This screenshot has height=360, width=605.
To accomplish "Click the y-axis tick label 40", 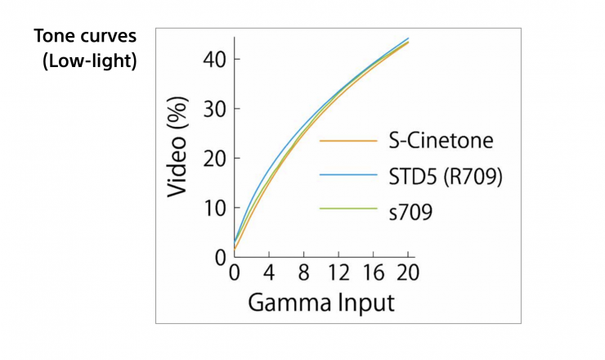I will [x=210, y=60].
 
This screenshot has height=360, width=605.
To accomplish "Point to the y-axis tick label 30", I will [x=210, y=109].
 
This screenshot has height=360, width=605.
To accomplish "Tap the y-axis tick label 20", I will [x=210, y=158].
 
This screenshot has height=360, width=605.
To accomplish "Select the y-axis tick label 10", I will [x=210, y=208].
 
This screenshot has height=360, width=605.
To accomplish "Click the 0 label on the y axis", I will [x=217, y=257].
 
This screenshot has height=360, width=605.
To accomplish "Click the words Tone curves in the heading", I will [x=84, y=38].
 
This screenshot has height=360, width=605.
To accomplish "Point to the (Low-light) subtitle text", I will [x=89, y=61].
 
